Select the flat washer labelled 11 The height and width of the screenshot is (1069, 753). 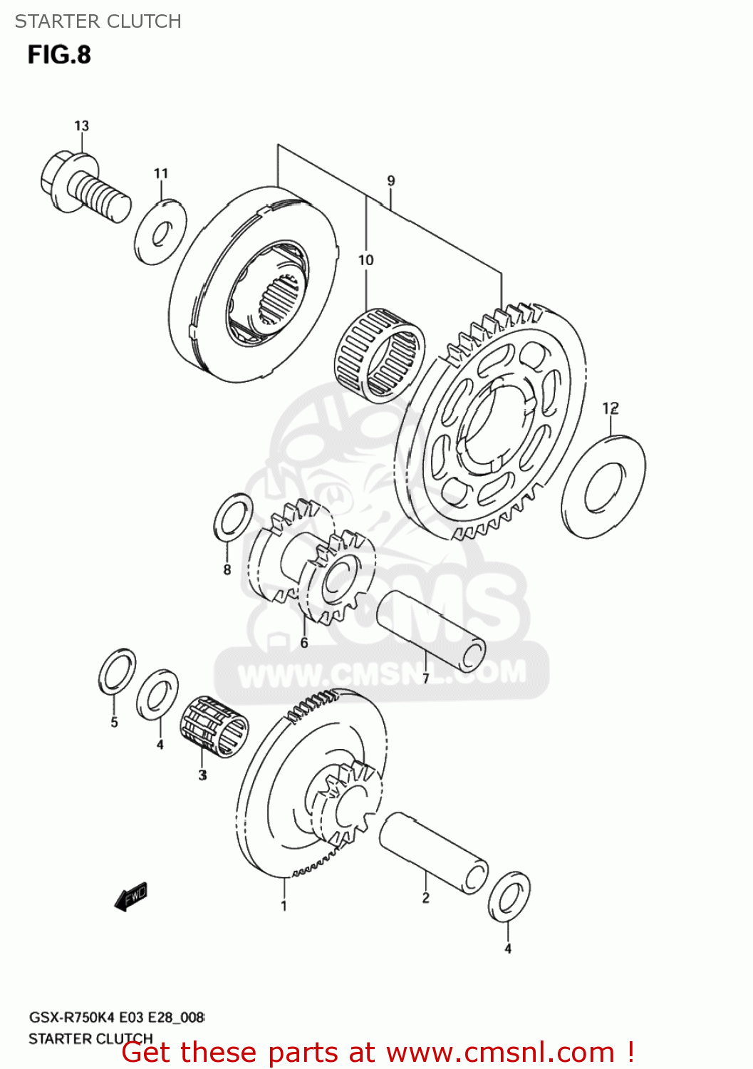click(x=160, y=232)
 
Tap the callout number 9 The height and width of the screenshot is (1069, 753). click(x=391, y=181)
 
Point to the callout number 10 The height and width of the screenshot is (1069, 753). click(x=365, y=260)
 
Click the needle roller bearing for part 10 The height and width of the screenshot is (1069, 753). click(x=379, y=354)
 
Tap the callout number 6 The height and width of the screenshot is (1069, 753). click(x=304, y=643)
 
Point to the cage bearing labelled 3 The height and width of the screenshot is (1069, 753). click(x=214, y=726)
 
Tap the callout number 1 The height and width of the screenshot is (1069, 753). click(x=284, y=906)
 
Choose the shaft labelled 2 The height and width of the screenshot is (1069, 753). click(x=433, y=852)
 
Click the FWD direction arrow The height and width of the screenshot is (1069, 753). click(x=131, y=897)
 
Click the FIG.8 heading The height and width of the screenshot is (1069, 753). click(x=60, y=55)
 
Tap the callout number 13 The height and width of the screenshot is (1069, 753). click(x=82, y=126)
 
